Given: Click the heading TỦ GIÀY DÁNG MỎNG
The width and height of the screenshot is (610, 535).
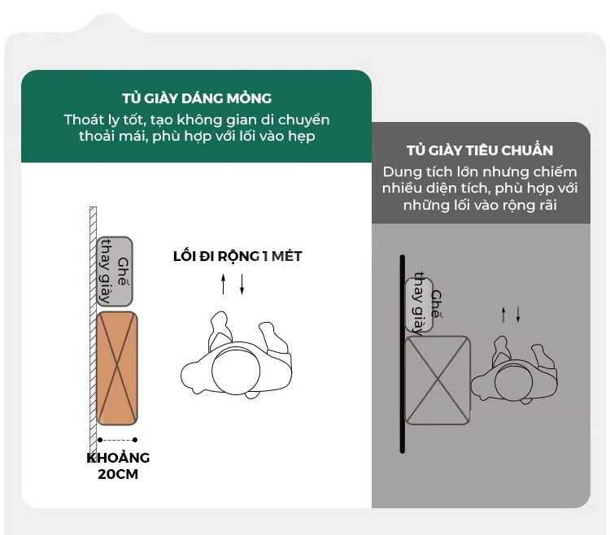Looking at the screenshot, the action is click(197, 98).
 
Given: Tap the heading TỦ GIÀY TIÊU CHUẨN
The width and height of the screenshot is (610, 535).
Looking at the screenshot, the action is click(480, 150).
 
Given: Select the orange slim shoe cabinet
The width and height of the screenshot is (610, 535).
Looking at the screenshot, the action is click(117, 368).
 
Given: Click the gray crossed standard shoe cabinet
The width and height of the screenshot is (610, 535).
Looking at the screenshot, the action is click(438, 381).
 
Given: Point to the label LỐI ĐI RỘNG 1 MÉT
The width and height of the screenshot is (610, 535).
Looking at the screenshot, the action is click(237, 256).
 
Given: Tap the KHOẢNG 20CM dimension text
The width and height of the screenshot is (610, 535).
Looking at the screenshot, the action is click(118, 466).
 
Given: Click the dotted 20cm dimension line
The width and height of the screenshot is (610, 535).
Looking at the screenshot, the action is click(117, 440).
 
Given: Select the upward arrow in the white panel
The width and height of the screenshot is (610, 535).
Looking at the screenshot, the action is click(224, 284).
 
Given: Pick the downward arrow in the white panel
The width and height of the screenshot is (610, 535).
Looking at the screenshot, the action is click(242, 284).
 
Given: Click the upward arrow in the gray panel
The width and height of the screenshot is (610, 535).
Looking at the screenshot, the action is click(503, 315).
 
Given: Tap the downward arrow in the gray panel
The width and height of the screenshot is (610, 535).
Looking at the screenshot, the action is click(518, 315).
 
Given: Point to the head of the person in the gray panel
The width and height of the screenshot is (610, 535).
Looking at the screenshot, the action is click(513, 383).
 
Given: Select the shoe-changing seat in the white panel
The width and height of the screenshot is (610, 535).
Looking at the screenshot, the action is click(115, 272).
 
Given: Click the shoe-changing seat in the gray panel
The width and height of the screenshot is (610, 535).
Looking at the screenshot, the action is click(420, 305).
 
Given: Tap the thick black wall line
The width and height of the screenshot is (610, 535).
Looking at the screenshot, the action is click(403, 354).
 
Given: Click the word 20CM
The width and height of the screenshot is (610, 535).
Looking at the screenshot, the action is click(118, 474).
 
